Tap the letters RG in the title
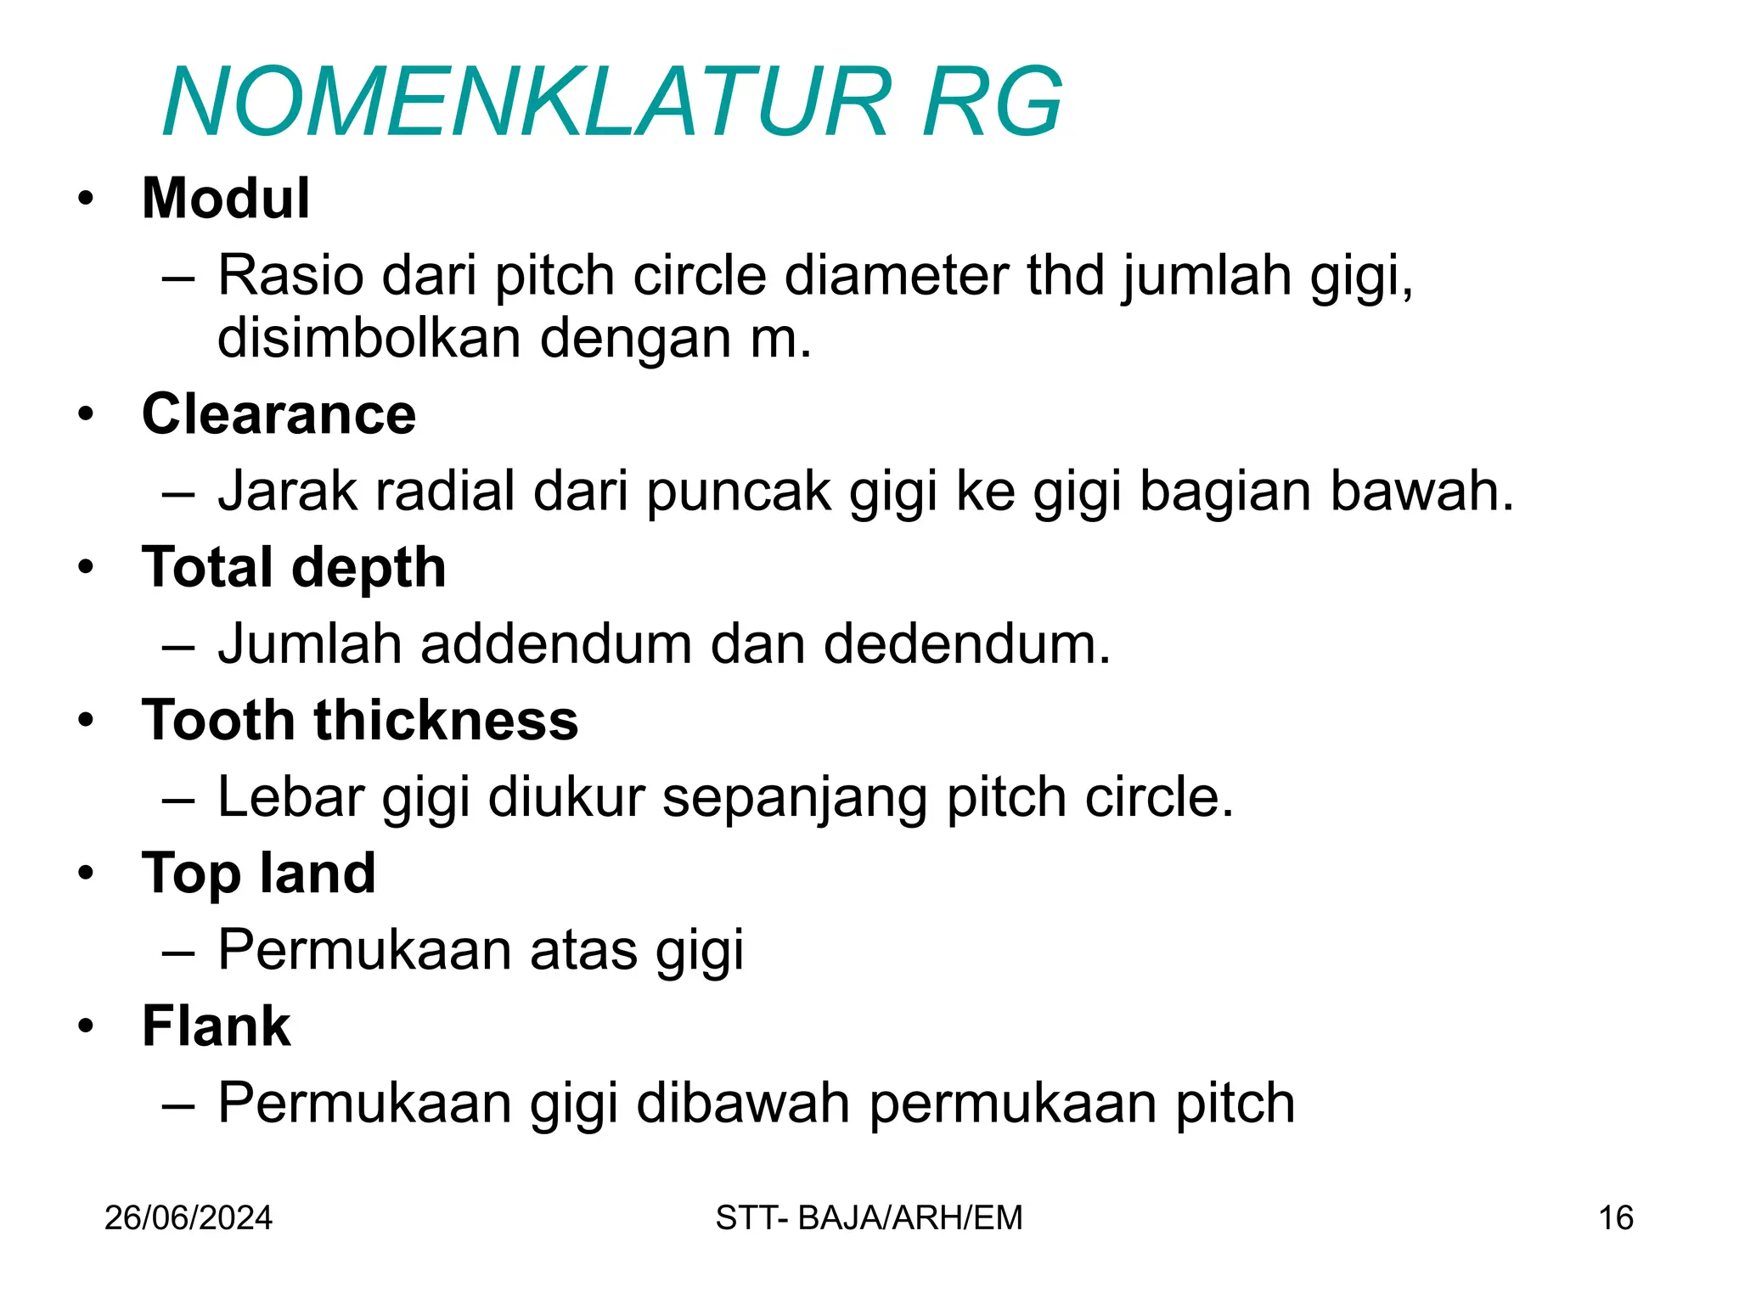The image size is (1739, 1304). coord(991,103)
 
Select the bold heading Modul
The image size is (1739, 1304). coord(226,199)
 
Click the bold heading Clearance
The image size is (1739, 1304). coord(279,414)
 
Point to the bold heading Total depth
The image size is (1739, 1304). coord(294,567)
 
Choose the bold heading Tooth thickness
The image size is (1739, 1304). coord(360,720)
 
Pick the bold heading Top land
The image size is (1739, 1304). coord(259,873)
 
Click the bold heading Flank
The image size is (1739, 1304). coord(217,1026)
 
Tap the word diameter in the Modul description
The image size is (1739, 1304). coord(896,276)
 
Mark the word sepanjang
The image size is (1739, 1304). coord(794,798)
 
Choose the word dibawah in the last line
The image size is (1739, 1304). coord(743,1103)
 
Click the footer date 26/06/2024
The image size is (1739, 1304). coord(189,1218)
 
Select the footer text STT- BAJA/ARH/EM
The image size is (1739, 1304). coord(869,1218)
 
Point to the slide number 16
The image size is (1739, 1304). coord(1616,1218)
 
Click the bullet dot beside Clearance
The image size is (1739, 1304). coord(86,415)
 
